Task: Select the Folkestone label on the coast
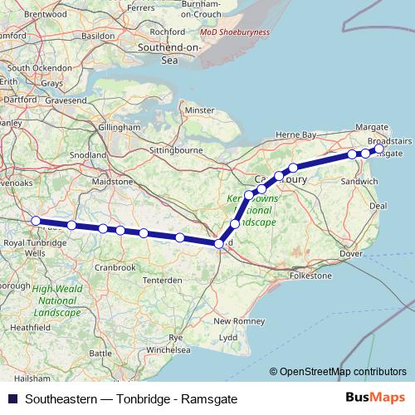(x=310, y=275)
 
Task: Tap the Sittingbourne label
(x=177, y=152)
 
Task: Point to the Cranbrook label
(x=115, y=267)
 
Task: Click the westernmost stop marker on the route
(x=36, y=221)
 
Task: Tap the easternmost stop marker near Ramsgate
(x=379, y=149)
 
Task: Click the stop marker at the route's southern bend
(x=219, y=243)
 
